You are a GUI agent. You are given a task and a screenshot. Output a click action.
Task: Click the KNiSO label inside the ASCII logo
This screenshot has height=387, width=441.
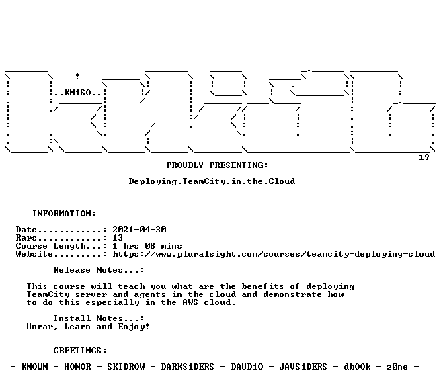pyautogui.click(x=78, y=93)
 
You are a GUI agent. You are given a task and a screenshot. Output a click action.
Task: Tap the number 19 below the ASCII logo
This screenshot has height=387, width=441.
pyautogui.click(x=424, y=157)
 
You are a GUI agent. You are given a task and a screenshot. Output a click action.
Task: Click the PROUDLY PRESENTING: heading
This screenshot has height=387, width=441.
pyautogui.click(x=217, y=165)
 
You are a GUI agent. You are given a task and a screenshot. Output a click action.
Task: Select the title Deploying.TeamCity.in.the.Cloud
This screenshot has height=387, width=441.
pyautogui.click(x=212, y=181)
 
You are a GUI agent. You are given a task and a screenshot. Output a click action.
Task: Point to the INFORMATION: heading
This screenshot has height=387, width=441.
pyautogui.click(x=64, y=214)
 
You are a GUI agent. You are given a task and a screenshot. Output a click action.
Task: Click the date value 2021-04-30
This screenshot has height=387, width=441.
pyautogui.click(x=140, y=230)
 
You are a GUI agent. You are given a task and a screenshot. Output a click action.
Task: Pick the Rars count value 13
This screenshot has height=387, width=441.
pyautogui.click(x=118, y=238)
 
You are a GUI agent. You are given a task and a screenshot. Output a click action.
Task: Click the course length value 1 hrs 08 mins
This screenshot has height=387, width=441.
pyautogui.click(x=147, y=246)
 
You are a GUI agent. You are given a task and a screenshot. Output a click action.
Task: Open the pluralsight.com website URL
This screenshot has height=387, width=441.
pyautogui.click(x=274, y=255)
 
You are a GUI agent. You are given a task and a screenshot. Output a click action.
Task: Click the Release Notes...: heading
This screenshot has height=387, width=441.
pyautogui.click(x=99, y=270)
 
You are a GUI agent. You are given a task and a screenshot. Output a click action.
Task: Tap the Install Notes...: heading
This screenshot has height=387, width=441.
pyautogui.click(x=99, y=318)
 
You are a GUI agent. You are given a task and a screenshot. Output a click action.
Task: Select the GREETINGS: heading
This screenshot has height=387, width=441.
pyautogui.click(x=80, y=351)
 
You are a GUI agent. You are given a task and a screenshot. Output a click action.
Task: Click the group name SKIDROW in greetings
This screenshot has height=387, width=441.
pyautogui.click(x=126, y=367)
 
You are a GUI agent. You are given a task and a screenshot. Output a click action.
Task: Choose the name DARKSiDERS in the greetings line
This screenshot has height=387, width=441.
pyautogui.click(x=188, y=367)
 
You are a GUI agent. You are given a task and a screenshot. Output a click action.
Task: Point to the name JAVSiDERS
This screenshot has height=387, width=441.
pyautogui.click(x=303, y=367)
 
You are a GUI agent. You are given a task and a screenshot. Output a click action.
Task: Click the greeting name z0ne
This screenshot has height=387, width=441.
pyautogui.click(x=397, y=367)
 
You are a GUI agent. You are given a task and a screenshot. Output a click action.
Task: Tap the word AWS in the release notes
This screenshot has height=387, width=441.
pyautogui.click(x=190, y=302)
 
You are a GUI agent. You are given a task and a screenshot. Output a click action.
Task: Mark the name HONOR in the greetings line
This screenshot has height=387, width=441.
pyautogui.click(x=77, y=367)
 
